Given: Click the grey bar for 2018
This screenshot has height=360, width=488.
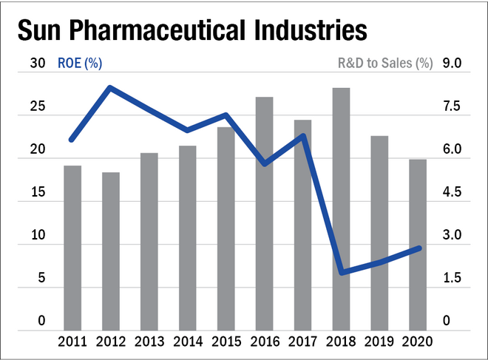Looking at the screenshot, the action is point(341,209).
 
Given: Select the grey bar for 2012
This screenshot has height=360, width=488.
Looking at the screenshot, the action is point(111,251).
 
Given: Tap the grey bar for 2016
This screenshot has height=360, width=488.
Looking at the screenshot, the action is point(264,214).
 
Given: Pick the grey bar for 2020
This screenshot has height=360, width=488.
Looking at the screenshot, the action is point(418,245).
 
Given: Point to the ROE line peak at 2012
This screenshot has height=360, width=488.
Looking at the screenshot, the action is point(110,88).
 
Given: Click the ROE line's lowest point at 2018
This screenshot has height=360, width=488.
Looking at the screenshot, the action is point(342,272).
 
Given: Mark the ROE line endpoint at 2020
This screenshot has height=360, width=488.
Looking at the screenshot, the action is point(419,248).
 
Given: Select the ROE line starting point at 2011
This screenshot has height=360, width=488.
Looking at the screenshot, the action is point(72,140).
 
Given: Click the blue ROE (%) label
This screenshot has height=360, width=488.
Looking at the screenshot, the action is point(80,63).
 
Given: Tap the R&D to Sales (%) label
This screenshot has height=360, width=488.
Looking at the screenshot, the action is point(385,63).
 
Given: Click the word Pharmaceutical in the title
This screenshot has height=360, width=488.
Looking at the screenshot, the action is point(157,30).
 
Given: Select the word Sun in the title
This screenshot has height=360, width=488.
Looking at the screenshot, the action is point(39,30).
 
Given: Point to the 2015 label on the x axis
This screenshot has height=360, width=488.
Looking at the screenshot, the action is point(226,342).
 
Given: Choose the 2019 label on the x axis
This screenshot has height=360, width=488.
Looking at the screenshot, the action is point(379,342).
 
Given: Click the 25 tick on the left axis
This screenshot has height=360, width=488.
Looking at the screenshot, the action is point(38,106).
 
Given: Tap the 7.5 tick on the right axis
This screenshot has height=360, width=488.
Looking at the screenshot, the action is point(452,106).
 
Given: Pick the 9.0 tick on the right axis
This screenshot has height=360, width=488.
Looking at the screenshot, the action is point(452,63).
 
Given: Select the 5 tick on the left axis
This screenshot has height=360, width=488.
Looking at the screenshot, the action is point(41,277).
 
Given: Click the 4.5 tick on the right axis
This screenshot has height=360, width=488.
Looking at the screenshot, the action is point(452,192).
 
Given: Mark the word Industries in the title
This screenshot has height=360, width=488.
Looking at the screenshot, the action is point(311,30).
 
